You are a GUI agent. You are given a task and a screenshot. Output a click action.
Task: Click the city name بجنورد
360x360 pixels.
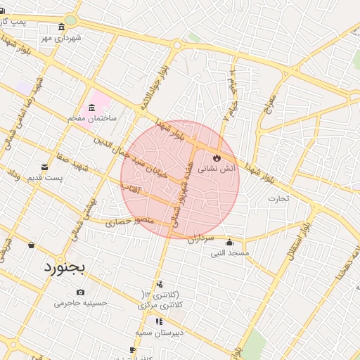pos(63,267)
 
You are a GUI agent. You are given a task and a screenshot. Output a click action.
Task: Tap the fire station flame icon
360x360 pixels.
pos(216,157)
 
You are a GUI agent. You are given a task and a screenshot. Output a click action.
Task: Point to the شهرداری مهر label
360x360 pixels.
pos(65,38)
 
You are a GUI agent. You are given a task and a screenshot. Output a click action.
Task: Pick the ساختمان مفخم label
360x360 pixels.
pos(91,119)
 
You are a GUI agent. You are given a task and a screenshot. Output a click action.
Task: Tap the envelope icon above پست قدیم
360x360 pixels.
pos(45,167)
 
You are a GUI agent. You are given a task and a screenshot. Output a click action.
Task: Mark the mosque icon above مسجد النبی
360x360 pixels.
pos(229,243)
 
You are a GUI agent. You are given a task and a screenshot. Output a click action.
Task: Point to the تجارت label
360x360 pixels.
pos(278,198)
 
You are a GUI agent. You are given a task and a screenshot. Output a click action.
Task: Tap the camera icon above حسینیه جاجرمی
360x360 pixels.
pos(81,292)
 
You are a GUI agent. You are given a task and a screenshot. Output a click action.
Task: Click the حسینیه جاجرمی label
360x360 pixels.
pos(80,304)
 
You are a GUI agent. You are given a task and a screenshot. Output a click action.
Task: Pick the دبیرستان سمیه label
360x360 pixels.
pos(159,331)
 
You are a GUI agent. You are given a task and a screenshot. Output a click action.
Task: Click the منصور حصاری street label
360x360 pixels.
pos(124,222)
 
